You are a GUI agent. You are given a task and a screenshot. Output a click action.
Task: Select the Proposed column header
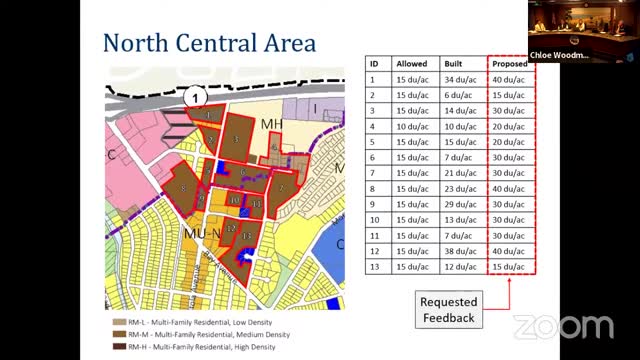point(509,63)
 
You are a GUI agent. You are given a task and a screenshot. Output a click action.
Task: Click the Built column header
point(455,63)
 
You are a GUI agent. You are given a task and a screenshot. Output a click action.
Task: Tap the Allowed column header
point(411,63)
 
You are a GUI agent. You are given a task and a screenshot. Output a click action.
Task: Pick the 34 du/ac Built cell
point(455,79)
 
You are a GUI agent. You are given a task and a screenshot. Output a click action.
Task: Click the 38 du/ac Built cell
point(455,251)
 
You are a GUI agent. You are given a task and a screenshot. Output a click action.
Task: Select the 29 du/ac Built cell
point(455,204)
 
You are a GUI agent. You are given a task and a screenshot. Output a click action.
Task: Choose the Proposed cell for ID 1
point(510,79)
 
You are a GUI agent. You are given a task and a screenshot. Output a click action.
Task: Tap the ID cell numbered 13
point(372,267)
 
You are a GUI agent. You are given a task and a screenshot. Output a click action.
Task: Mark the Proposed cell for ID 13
point(510,267)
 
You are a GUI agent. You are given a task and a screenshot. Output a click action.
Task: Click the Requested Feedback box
point(448,309)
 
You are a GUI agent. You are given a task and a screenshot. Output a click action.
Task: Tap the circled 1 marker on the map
point(197,97)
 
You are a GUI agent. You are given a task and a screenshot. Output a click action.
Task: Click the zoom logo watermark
point(563,326)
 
